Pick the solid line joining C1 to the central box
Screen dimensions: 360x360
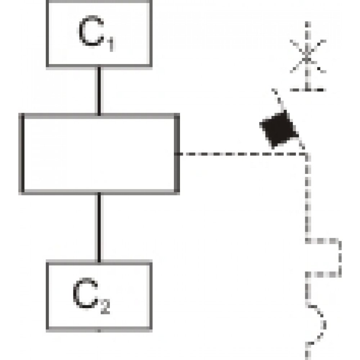point(98,90)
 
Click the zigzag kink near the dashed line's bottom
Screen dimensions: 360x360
point(320,320)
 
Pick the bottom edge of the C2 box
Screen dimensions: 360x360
point(99,329)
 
